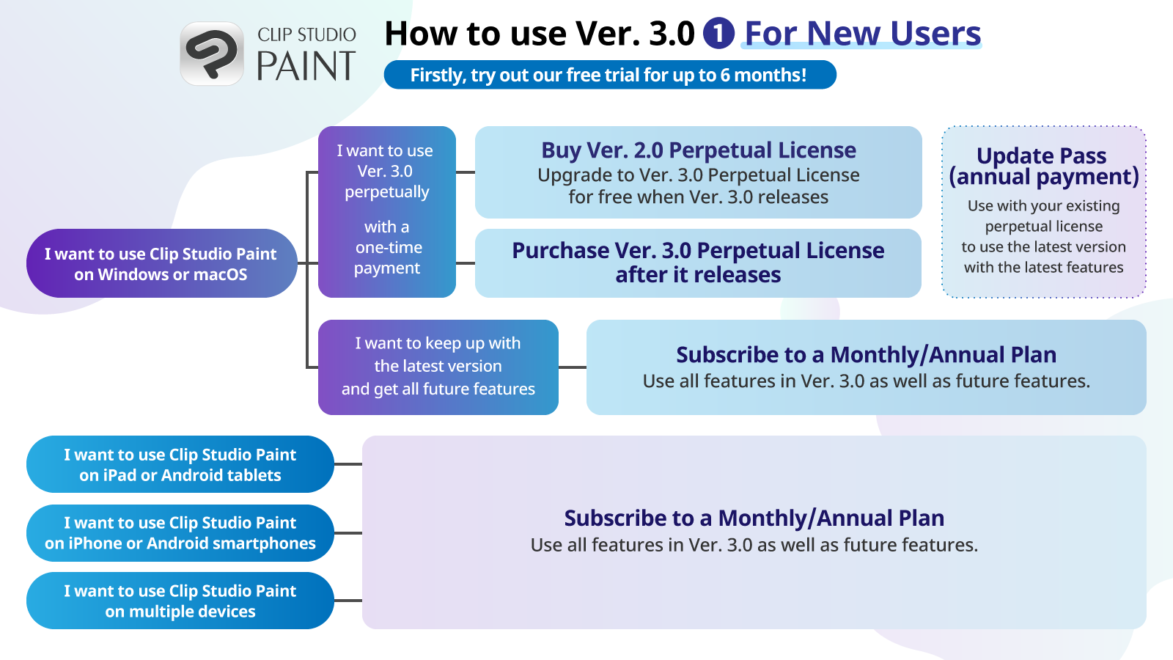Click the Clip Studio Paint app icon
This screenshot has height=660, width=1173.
pos(212,54)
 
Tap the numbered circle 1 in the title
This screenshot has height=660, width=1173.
pos(718,33)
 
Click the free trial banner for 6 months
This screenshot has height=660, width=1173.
pos(610,75)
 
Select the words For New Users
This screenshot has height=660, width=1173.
pos(862,34)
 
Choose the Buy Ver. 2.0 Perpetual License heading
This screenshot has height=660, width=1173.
pos(699,150)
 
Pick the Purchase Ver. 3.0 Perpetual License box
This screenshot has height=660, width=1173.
pos(698,263)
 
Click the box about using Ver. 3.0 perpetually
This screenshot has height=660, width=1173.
pos(387,212)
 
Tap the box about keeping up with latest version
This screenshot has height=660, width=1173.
pos(438,367)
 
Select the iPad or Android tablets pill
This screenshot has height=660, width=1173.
pos(180,464)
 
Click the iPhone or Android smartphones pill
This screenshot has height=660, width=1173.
pos(180,532)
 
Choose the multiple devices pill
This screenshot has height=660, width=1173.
pos(180,601)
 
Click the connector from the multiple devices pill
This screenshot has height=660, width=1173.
pos(348,601)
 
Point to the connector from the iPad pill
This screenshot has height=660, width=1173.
pos(348,464)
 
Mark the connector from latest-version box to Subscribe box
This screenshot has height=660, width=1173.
pos(573,367)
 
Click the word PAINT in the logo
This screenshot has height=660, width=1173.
pos(306,66)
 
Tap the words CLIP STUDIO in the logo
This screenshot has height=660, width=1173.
pos(307,34)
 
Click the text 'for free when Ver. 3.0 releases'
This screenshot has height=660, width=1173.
pos(699,197)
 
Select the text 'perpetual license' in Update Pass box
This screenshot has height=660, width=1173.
pos(1044,227)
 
